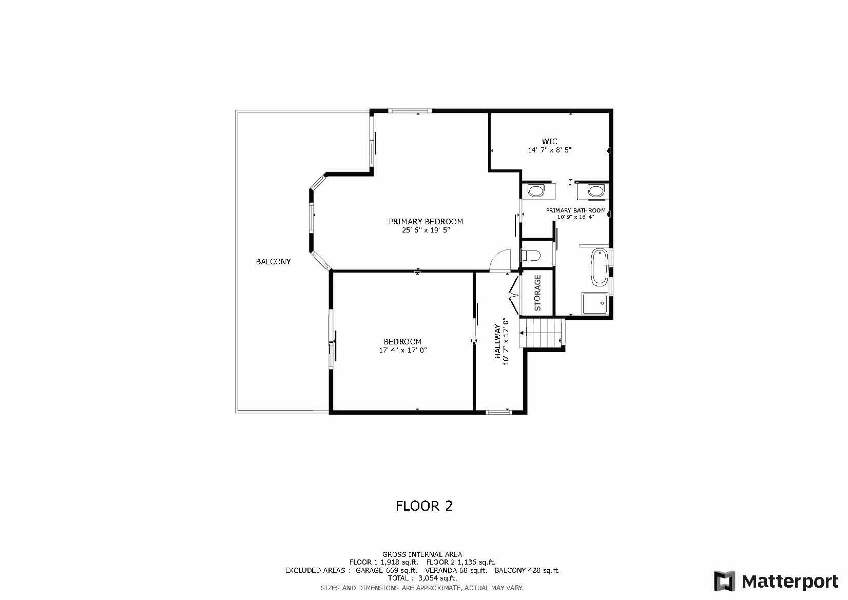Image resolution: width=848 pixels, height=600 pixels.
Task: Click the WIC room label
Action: click(549, 142)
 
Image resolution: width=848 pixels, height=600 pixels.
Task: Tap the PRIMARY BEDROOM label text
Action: click(426, 222)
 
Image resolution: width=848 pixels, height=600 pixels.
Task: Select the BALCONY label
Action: click(273, 262)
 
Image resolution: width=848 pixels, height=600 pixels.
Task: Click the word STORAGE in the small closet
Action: click(538, 293)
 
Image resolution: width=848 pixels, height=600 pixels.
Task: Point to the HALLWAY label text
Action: click(497, 341)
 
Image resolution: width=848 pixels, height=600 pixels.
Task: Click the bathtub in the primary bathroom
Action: click(599, 267)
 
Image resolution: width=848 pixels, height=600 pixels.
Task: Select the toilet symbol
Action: click(531, 255)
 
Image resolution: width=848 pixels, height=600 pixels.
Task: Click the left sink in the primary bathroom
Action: click(535, 191)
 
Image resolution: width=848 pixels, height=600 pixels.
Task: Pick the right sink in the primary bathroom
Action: click(595, 191)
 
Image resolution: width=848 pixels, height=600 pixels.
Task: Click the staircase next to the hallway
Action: click(542, 333)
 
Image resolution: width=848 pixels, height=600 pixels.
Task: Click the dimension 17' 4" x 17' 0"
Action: click(403, 351)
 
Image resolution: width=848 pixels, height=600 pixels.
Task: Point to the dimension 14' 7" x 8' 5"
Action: click(549, 150)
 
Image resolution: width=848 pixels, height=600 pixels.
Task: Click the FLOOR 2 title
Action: click(424, 506)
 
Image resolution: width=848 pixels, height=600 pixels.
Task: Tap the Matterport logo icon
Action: click(725, 581)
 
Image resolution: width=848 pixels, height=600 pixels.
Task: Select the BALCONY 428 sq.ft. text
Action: click(527, 570)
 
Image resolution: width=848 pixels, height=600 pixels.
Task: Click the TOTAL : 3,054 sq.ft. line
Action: click(422, 578)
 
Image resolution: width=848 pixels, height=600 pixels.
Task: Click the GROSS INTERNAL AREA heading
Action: click(422, 554)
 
